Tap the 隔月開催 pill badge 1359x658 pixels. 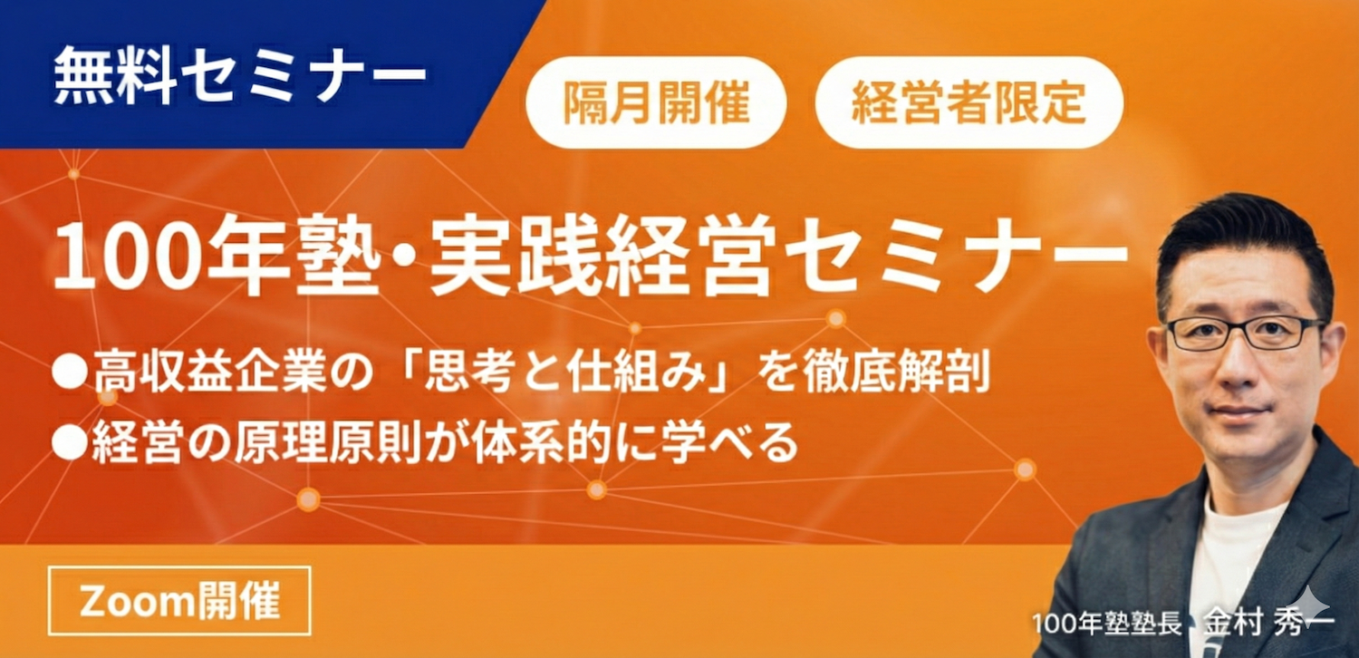tap(656, 102)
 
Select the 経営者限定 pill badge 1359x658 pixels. tap(969, 102)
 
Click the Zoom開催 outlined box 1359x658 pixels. tap(179, 600)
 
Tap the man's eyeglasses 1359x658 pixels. tap(1246, 333)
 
